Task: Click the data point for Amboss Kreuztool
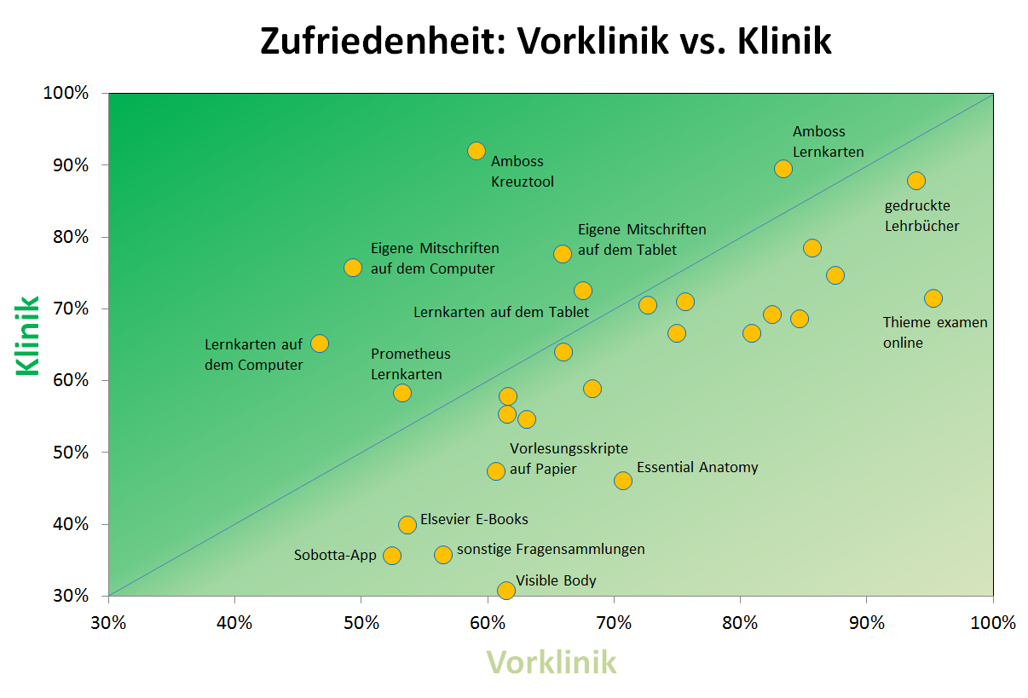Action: tap(476, 151)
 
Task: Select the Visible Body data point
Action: tap(506, 590)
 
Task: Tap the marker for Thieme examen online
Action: tap(933, 298)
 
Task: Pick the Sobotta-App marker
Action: tap(392, 556)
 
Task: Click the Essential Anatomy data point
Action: tap(623, 481)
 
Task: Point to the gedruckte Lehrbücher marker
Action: tap(916, 181)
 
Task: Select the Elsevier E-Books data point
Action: tap(407, 524)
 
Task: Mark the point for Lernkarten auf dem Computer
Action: tap(320, 343)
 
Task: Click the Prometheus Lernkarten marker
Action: tap(402, 393)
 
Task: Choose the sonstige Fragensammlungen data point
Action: tap(443, 555)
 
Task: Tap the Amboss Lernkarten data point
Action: tap(783, 169)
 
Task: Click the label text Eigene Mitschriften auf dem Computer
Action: tap(434, 258)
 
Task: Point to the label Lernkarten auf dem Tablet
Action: tap(500, 312)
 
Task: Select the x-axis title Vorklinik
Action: tap(551, 662)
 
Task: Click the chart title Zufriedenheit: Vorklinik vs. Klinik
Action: tap(546, 41)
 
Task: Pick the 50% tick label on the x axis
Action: tap(361, 623)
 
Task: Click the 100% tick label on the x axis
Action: tap(993, 623)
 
